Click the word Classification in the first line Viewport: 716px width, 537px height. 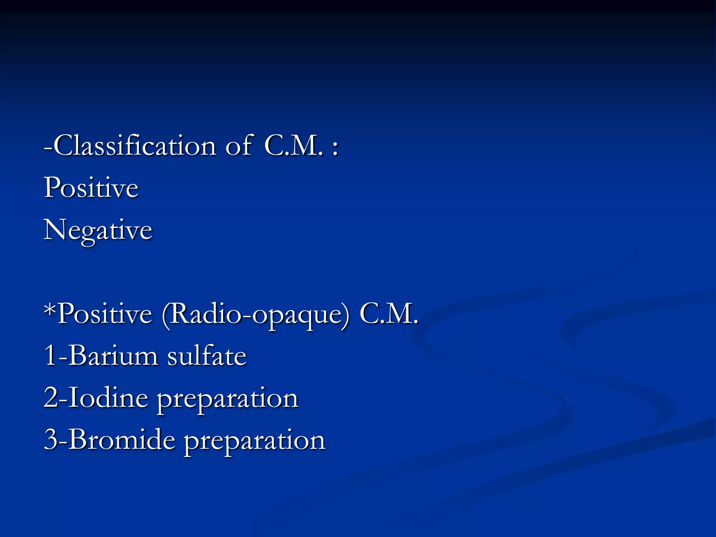135,145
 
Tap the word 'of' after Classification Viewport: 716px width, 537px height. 239,145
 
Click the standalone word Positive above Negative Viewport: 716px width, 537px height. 91,188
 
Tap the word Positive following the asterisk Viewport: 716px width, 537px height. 105,314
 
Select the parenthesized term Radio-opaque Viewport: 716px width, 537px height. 256,315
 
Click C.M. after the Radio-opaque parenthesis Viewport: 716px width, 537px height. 389,314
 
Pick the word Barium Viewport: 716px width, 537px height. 113,356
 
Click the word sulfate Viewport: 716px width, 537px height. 207,356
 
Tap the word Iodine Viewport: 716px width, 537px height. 108,398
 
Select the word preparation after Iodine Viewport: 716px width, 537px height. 227,399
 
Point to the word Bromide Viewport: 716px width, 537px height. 122,439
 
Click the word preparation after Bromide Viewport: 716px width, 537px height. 255,441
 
